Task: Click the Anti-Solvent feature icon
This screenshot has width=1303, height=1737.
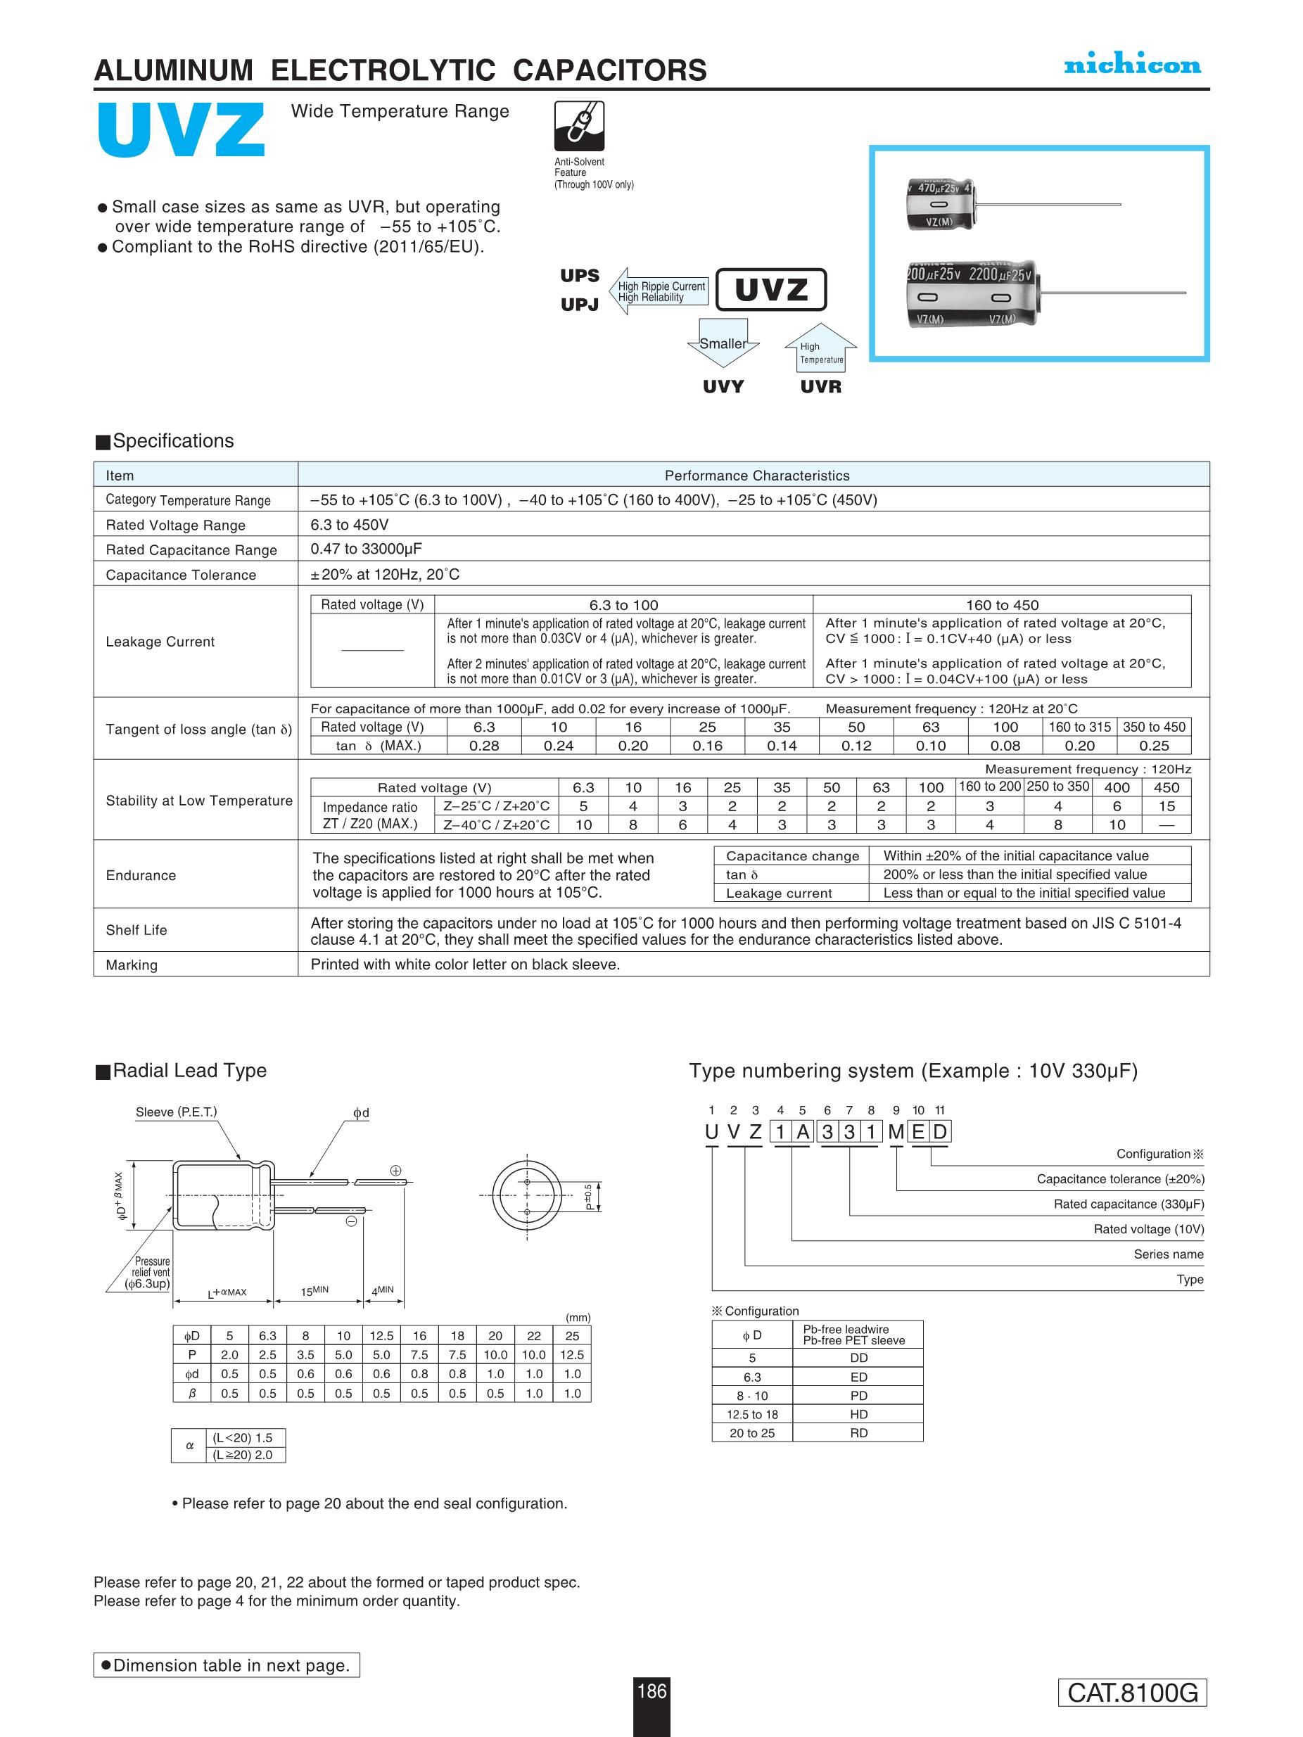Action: pos(579,126)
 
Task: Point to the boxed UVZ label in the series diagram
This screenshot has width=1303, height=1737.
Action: pos(770,290)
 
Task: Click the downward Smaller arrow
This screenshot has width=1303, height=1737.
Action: pos(723,343)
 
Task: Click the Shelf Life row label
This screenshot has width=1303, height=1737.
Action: pos(136,930)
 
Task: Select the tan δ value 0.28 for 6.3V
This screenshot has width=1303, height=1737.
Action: pos(484,745)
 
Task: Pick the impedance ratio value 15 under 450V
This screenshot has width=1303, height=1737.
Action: pos(1167,806)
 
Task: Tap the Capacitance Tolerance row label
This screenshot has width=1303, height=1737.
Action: pos(181,575)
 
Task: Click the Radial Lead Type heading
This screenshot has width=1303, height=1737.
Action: pos(189,1070)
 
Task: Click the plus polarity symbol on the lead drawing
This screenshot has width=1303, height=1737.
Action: pos(396,1171)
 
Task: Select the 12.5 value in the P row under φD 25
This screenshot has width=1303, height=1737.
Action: pos(572,1354)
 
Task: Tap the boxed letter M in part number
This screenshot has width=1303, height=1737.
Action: pos(896,1131)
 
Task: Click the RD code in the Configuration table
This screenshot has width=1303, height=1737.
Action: pos(858,1432)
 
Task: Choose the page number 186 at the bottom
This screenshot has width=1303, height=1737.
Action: pos(652,1691)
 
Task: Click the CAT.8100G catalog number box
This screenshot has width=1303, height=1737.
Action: pos(1132,1692)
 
